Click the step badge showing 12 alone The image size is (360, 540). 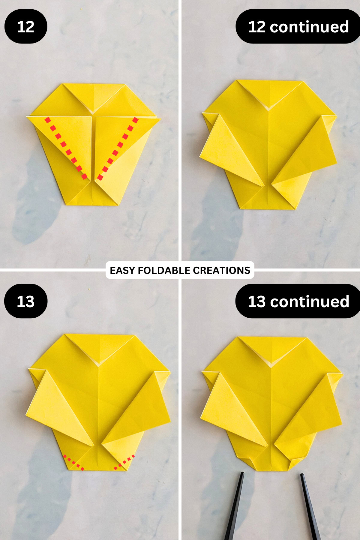pos(26,27)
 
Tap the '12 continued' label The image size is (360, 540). pos(298,27)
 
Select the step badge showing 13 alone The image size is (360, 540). pos(26,301)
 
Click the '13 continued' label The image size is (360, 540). pos(298,301)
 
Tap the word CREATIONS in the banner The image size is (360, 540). pos(221,270)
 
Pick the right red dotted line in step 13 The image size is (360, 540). pos(124,462)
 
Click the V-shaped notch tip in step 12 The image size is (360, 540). pos(94,113)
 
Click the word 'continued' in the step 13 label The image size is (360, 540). pos(310,301)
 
